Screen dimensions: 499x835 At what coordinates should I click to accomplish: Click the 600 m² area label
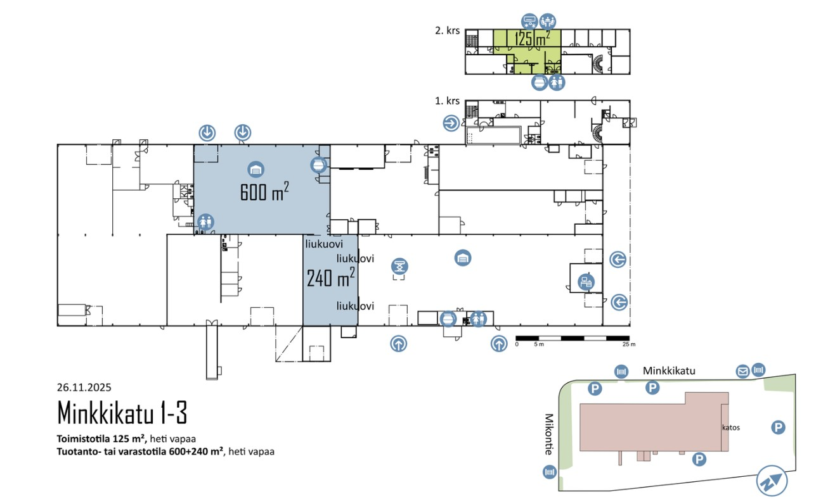(264, 191)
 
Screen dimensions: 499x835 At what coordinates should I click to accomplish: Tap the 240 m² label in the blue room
(330, 277)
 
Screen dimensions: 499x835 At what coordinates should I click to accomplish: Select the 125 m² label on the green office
(532, 39)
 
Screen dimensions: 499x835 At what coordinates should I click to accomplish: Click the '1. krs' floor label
(447, 101)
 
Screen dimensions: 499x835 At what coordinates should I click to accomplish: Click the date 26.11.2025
(84, 388)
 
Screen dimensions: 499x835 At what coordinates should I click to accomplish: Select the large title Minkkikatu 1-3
(122, 413)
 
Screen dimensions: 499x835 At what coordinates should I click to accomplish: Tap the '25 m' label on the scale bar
(628, 344)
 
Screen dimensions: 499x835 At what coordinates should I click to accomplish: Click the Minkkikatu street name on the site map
(669, 370)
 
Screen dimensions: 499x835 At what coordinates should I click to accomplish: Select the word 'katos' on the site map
(731, 427)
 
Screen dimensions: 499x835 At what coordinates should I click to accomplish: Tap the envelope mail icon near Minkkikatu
(742, 370)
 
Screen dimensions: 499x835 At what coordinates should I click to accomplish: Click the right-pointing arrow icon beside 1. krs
(451, 123)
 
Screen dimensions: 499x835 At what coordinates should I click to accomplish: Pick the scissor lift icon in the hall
(399, 267)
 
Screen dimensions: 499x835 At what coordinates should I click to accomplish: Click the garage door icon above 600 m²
(256, 169)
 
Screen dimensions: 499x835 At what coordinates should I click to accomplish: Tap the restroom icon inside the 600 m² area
(205, 222)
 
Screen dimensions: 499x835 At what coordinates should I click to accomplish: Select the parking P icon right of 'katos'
(778, 427)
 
